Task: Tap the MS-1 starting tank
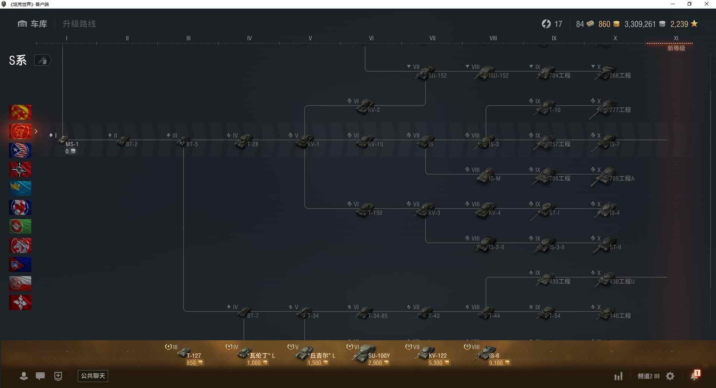(64, 141)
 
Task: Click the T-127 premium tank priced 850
(185, 353)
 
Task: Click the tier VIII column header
(493, 38)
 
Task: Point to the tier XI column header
(676, 38)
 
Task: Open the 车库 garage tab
(32, 24)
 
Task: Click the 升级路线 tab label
(79, 24)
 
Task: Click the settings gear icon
(670, 376)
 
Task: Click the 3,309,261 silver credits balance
(640, 24)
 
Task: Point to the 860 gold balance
(604, 24)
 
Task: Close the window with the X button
(706, 4)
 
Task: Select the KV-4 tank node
(486, 210)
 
